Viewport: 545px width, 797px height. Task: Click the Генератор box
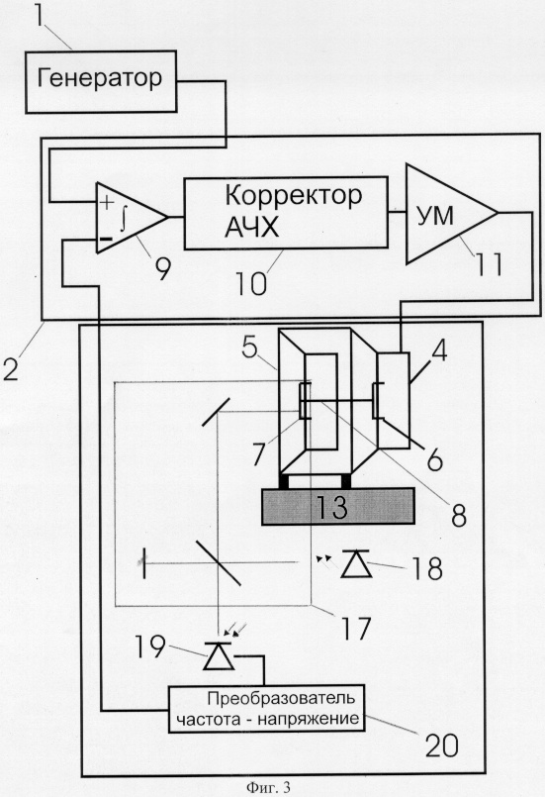(x=101, y=81)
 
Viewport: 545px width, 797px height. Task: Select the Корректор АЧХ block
(x=286, y=213)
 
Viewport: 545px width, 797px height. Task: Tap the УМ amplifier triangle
(x=451, y=214)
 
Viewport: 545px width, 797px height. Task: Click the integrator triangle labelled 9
(x=132, y=218)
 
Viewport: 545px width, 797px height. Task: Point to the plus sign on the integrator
(x=106, y=202)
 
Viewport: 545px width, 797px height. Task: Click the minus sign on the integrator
(x=106, y=239)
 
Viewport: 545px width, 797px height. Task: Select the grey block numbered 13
(x=337, y=506)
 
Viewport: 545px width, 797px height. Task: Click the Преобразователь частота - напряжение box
(x=267, y=709)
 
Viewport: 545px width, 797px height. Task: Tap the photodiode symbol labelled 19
(x=219, y=655)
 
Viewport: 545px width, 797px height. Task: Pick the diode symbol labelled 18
(x=355, y=563)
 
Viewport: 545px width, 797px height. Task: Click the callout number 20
(x=441, y=746)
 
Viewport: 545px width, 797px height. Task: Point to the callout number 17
(x=355, y=629)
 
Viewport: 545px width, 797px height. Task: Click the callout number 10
(x=251, y=282)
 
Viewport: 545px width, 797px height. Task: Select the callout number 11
(x=489, y=263)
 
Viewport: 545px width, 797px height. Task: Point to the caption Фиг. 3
(x=268, y=788)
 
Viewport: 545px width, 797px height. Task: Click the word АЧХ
(x=252, y=228)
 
